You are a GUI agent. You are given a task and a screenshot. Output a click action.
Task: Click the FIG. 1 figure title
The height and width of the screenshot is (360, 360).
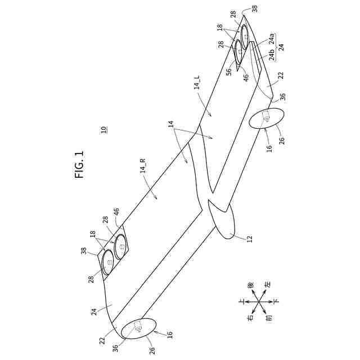coord(79,164)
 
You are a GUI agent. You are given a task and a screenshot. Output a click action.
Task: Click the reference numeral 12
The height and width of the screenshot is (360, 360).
coord(249,238)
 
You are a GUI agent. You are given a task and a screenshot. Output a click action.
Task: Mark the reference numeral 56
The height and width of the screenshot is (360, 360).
coord(229,71)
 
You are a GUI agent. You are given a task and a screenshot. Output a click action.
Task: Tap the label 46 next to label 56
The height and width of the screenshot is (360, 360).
coord(246,78)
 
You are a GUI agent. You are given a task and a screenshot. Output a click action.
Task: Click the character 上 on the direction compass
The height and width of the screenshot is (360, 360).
coord(241,302)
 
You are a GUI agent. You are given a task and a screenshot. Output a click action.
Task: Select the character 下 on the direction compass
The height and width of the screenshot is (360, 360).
coord(276,302)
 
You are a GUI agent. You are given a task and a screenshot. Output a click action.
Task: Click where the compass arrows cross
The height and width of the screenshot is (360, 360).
coord(259,302)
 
